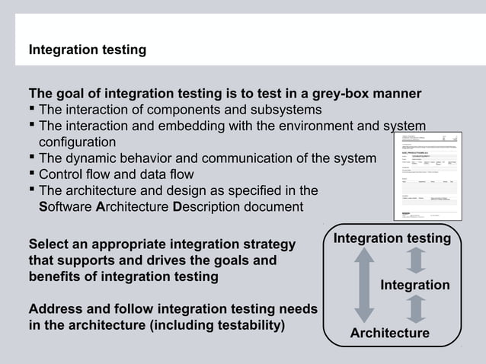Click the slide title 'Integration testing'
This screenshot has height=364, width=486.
point(87,50)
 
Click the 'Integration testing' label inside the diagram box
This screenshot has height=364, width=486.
point(392,239)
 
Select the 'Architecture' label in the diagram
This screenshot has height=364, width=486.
point(389,334)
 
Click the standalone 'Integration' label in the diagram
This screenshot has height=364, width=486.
point(415,285)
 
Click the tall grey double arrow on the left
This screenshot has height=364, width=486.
point(364,286)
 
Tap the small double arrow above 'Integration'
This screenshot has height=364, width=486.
point(415,260)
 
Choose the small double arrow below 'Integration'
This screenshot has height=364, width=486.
point(415,309)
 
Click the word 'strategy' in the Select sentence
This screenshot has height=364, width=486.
point(266,245)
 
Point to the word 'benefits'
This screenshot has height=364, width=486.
point(53,277)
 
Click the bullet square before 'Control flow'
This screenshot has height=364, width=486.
point(32,174)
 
